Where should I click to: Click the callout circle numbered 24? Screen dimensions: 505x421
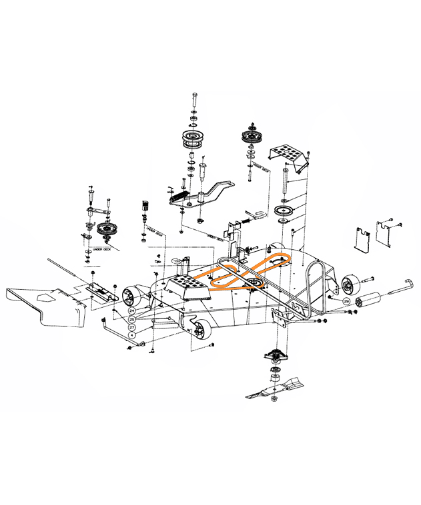pyautogui.click(x=131, y=311)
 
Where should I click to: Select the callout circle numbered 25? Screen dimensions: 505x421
pyautogui.click(x=131, y=320)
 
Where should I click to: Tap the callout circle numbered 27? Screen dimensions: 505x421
pyautogui.click(x=131, y=328)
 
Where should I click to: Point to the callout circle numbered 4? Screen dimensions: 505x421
pyautogui.click(x=131, y=337)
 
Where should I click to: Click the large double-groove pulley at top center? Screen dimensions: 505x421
pyautogui.click(x=193, y=141)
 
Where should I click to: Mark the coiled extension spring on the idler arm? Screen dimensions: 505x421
pyautogui.click(x=175, y=194)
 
